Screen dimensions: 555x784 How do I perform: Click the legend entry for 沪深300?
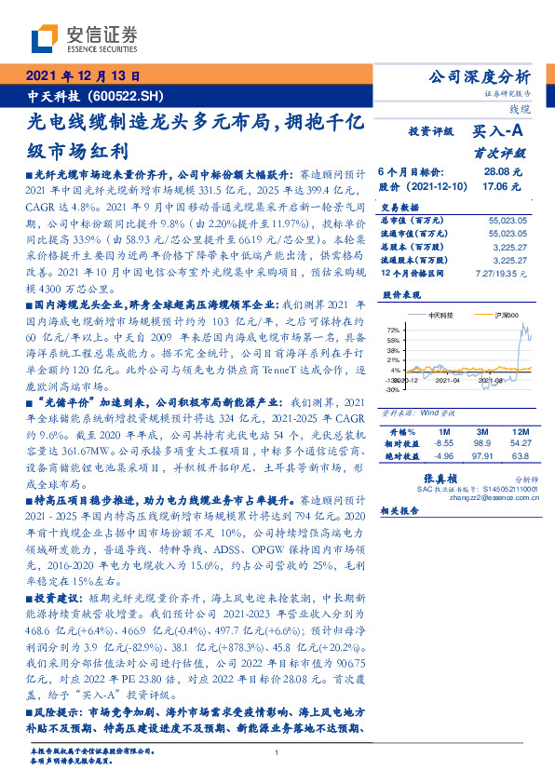click(x=508, y=318)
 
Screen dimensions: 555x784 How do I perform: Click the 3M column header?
click(x=481, y=433)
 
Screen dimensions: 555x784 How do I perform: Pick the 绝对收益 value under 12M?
click(x=518, y=457)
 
